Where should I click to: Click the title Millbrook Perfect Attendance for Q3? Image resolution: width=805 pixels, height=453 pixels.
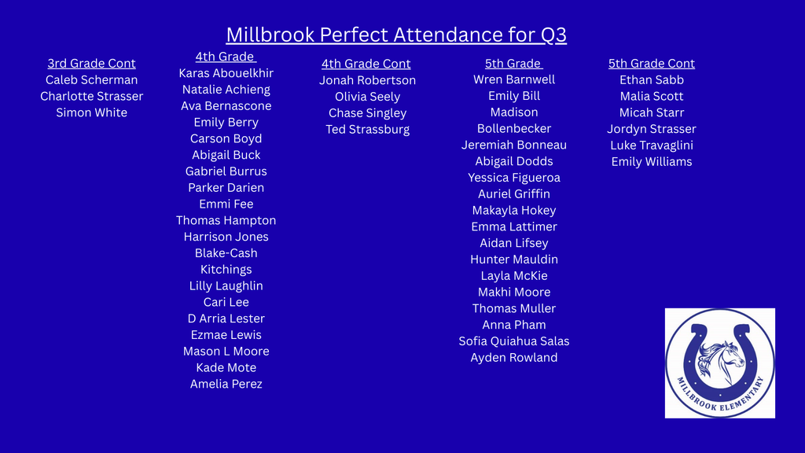396,35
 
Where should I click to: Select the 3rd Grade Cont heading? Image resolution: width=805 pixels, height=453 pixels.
91,64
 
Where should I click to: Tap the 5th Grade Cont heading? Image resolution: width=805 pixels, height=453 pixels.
651,64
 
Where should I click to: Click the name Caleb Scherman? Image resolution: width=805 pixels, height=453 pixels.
91,80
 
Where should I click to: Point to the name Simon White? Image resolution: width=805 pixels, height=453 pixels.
91,112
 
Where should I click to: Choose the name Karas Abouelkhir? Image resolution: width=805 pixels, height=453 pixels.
226,73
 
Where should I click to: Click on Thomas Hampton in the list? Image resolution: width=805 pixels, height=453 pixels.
226,220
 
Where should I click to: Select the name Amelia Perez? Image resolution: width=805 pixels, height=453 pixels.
226,384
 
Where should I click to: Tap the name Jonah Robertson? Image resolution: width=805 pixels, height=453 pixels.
367,80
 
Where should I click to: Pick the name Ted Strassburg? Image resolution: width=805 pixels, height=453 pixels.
367,129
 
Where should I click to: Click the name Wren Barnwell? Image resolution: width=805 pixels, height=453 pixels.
514,79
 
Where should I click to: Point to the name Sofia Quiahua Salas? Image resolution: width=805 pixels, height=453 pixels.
514,341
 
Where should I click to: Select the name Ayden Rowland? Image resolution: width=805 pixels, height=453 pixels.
514,358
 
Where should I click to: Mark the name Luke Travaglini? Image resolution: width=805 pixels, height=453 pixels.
651,145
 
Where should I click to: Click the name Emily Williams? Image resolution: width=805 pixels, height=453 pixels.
651,162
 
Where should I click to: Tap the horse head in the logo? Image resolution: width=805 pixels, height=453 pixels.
722,358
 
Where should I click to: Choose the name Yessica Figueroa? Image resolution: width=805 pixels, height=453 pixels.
514,178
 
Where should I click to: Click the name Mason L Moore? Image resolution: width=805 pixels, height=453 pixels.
226,352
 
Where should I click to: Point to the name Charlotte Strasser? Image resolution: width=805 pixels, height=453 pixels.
91,97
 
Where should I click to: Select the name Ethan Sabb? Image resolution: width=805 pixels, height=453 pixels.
651,80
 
